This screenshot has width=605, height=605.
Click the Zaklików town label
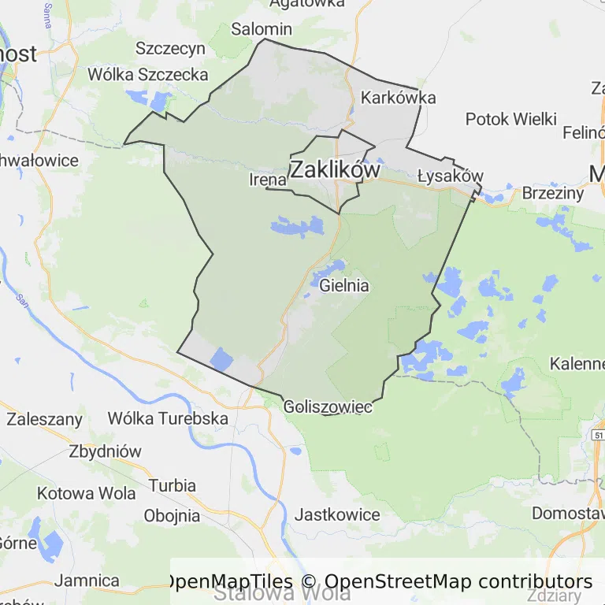click(335, 169)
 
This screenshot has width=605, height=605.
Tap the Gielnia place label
click(344, 286)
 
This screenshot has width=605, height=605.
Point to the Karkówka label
click(398, 98)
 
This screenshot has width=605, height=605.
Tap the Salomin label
click(262, 29)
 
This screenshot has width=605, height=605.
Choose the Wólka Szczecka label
click(148, 75)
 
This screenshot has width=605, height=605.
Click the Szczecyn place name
click(170, 48)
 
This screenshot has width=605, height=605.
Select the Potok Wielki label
click(511, 120)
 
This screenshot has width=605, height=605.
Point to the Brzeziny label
click(553, 193)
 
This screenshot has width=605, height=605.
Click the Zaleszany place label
click(44, 419)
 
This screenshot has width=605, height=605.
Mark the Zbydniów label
click(105, 452)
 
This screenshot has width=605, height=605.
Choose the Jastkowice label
click(336, 515)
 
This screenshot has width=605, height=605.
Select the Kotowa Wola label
click(87, 494)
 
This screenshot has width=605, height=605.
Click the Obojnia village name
click(172, 516)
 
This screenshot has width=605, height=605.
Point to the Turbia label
click(172, 485)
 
